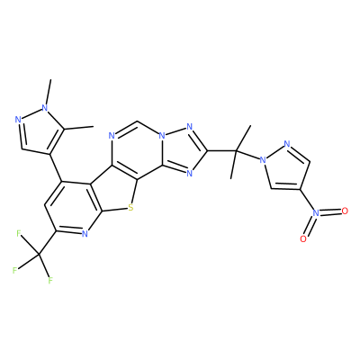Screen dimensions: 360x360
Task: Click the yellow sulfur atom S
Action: click(130, 208)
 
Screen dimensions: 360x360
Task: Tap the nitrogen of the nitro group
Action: click(316, 212)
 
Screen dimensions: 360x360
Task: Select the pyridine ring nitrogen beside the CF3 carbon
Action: click(85, 233)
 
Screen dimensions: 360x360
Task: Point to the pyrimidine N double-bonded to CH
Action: click(112, 136)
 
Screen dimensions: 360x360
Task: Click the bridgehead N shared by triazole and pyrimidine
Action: click(162, 136)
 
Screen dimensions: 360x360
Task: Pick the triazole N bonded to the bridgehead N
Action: click(189, 127)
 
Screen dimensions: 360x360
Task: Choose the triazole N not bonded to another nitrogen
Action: click(189, 173)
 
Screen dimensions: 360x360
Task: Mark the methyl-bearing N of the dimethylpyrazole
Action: click(45, 107)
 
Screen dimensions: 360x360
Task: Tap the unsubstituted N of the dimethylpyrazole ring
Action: click(19, 120)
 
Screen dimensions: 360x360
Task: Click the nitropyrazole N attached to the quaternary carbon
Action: click(263, 159)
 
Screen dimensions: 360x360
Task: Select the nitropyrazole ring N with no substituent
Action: click(287, 143)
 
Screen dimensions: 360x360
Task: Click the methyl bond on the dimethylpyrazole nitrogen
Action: click(49, 92)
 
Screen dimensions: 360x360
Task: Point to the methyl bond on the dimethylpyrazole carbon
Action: click(78, 128)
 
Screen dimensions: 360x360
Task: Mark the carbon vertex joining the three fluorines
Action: click(40, 255)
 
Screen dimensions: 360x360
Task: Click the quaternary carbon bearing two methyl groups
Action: click(236, 150)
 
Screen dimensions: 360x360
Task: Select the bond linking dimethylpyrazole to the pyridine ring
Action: click(56, 167)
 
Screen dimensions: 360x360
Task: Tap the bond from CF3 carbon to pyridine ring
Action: click(48, 243)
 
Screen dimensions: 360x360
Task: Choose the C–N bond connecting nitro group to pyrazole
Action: click(307, 200)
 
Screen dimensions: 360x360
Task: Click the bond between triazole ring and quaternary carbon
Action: click(221, 150)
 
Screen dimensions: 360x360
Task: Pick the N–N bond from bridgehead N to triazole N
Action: click(175, 131)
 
